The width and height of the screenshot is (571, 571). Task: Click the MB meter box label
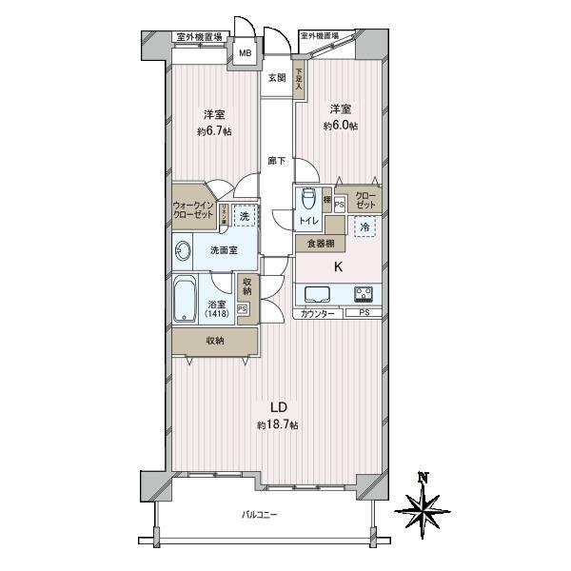point(245,53)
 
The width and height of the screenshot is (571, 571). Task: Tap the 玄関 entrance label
point(276,78)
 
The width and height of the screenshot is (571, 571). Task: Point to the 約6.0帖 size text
point(340,126)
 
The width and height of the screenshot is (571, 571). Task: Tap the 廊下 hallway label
point(276,161)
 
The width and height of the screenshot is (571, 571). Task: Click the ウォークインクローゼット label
point(193,210)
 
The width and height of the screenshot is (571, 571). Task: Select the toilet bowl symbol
point(307,201)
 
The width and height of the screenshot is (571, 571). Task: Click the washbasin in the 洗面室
point(183,250)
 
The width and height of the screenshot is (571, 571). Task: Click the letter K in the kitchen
point(337,267)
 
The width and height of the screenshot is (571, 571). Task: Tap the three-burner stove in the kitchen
point(364,293)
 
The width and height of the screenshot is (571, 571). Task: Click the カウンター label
point(316,313)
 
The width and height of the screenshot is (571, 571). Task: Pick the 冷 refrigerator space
point(364,226)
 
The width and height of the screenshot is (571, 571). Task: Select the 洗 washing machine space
point(244,216)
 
